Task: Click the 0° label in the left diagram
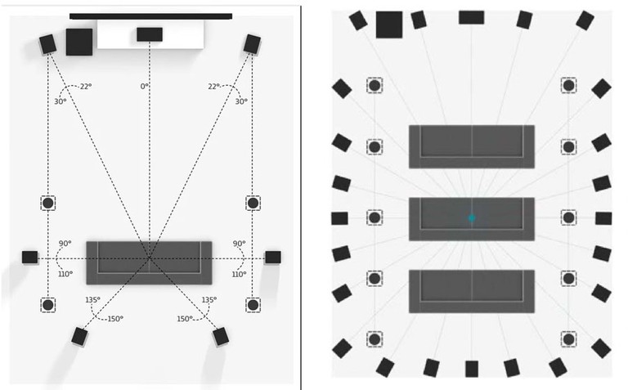coord(145,86)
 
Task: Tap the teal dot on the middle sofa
coord(472,218)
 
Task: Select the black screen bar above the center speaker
coord(150,16)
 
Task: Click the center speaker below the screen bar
coord(150,34)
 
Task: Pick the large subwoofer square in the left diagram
coord(79,42)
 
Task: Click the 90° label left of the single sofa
coord(65,244)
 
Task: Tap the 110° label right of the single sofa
coord(239,274)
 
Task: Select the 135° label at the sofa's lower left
coord(92,300)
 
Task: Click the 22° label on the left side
coord(85,87)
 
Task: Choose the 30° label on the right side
coord(241,101)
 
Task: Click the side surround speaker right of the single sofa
coord(272,257)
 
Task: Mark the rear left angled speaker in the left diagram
coord(79,336)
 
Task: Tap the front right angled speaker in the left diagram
coord(252,44)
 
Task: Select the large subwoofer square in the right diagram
coord(389,25)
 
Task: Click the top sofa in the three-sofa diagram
coord(472,146)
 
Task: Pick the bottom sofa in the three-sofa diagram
coord(472,291)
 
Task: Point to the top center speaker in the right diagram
coord(471,17)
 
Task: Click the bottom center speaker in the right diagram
coord(472,369)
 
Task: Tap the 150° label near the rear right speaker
coord(186,318)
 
